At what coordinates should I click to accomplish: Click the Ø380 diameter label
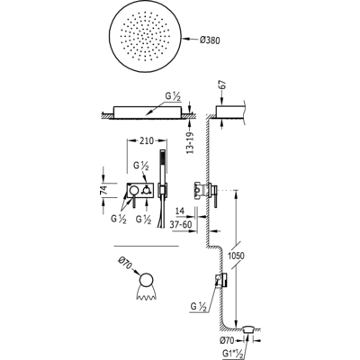(x=210, y=40)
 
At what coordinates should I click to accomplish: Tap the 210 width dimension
(x=147, y=140)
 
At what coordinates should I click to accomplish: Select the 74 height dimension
(x=103, y=190)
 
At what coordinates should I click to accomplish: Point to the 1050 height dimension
(x=236, y=256)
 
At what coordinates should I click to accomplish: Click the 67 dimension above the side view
(x=222, y=85)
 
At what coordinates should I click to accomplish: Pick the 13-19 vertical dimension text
(x=190, y=143)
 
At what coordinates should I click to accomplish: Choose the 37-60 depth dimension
(x=181, y=224)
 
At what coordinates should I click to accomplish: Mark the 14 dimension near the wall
(x=180, y=211)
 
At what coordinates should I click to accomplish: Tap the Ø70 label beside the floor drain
(x=228, y=340)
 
